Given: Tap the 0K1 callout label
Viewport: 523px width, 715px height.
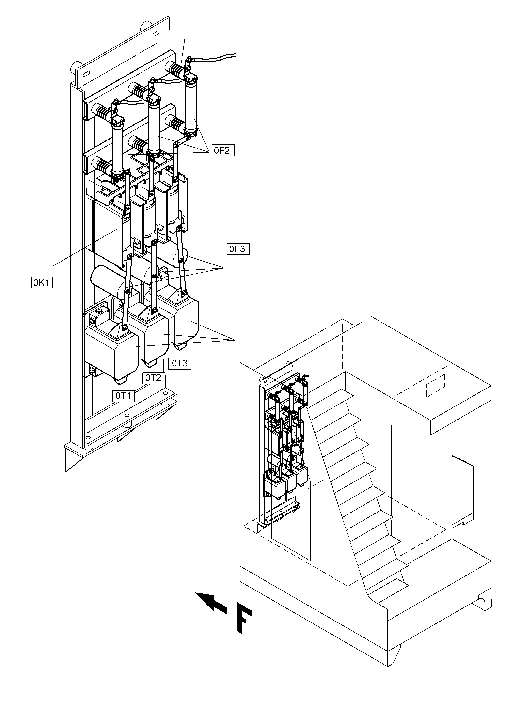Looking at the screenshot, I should tap(42, 282).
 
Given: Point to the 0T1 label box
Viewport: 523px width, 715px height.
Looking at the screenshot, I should tap(123, 396).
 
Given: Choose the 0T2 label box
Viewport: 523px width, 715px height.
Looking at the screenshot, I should tap(153, 378).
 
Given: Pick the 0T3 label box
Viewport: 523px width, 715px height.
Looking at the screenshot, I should tap(179, 363).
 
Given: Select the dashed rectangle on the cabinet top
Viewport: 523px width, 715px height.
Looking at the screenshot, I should tap(436, 385).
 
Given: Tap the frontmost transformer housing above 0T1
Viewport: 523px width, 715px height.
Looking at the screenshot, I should tap(111, 351).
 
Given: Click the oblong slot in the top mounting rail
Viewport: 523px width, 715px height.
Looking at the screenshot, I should tap(156, 33).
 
